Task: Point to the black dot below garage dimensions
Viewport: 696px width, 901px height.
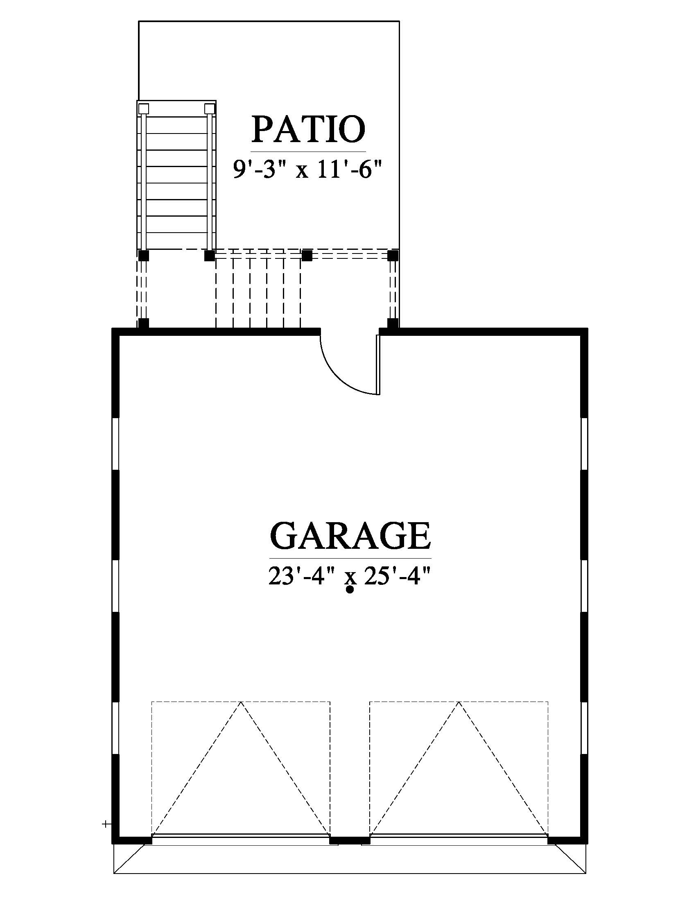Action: pyautogui.click(x=350, y=590)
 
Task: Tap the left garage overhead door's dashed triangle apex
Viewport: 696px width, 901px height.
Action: pyautogui.click(x=241, y=702)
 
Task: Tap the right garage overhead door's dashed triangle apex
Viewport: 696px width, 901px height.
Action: pyautogui.click(x=459, y=702)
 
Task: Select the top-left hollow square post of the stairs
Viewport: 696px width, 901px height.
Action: pyautogui.click(x=143, y=109)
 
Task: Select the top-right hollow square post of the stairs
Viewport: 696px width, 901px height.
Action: pyautogui.click(x=210, y=109)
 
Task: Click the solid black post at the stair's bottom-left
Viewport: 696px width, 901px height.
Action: pyautogui.click(x=143, y=256)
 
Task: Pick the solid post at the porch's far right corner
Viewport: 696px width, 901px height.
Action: pyautogui.click(x=393, y=256)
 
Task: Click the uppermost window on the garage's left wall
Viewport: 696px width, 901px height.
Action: pyautogui.click(x=116, y=444)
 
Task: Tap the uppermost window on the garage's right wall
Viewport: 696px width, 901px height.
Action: pyautogui.click(x=584, y=444)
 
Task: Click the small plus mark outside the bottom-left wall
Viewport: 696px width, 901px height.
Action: pyautogui.click(x=106, y=813)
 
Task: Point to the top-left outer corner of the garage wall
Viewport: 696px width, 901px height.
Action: pyautogui.click(x=112, y=328)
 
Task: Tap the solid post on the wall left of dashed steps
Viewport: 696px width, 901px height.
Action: pyautogui.click(x=143, y=323)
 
